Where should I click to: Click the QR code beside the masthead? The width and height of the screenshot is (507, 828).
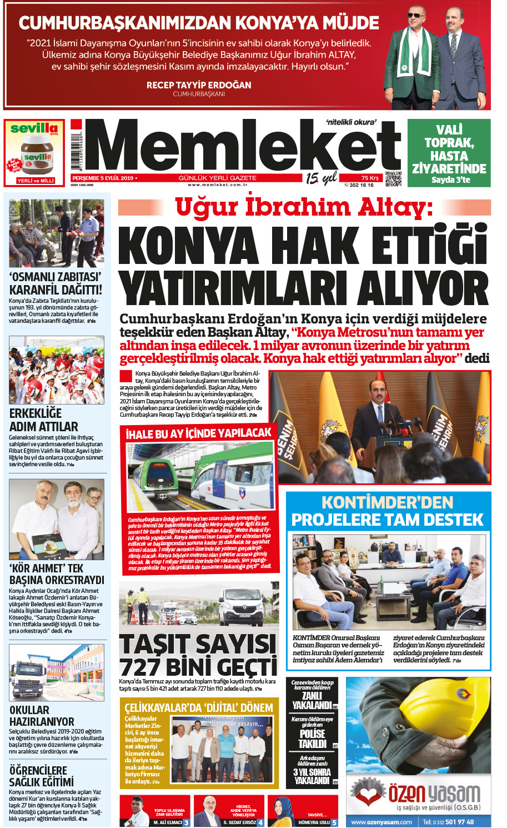[393, 179]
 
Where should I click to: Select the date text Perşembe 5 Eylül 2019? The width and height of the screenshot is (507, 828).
[103, 178]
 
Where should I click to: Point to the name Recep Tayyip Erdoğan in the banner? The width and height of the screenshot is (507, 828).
[199, 85]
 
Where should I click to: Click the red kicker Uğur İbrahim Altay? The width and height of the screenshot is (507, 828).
[304, 207]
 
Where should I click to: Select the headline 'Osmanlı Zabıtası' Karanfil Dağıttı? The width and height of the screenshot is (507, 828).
[56, 283]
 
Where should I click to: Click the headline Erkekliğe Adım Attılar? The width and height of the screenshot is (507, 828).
[44, 420]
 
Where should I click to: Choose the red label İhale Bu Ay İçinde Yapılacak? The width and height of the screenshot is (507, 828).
[198, 433]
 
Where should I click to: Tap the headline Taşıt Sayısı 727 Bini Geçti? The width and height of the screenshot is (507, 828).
[198, 655]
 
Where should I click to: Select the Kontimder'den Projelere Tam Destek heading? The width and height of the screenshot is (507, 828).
[388, 511]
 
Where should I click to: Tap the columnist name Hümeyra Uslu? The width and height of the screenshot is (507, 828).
[314, 822]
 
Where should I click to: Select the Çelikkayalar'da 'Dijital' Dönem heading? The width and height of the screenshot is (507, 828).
[198, 708]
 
